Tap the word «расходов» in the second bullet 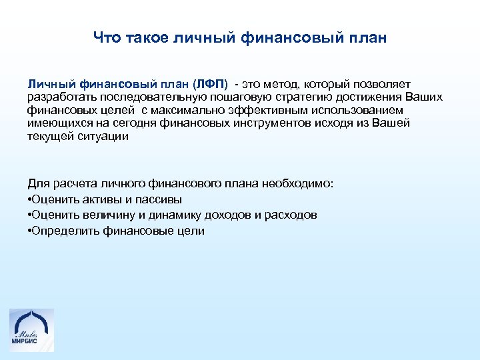pos(289,215)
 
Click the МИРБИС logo pos(31,329)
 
